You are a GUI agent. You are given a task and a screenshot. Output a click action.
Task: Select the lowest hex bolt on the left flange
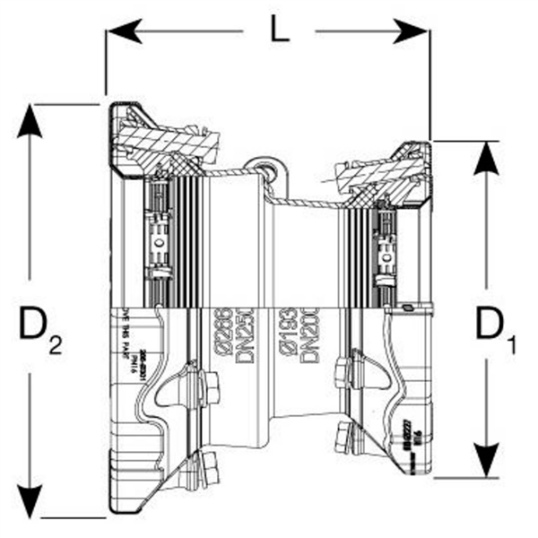point(209,468)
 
